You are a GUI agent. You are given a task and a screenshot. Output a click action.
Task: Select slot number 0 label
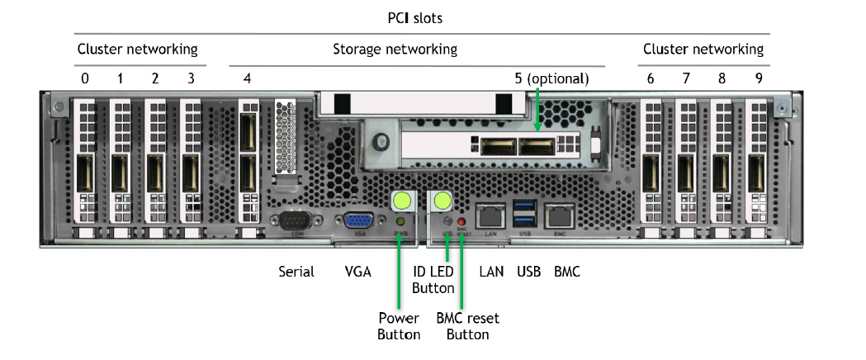click(85, 79)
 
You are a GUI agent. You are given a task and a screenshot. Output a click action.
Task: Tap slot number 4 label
click(248, 79)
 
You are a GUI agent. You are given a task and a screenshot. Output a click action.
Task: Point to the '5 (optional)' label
click(551, 79)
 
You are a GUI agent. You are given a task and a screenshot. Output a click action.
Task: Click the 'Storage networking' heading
click(395, 50)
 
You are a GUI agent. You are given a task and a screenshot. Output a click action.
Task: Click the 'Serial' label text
click(296, 271)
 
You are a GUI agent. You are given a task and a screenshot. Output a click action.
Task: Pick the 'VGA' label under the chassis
click(358, 271)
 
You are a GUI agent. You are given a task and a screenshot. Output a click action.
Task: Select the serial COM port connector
click(296, 221)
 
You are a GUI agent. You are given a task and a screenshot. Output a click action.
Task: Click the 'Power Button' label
click(399, 326)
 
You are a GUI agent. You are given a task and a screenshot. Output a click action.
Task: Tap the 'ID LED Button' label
click(433, 279)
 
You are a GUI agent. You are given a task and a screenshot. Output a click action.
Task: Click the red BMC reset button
click(461, 224)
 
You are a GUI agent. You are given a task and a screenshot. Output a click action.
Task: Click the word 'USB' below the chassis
click(528, 271)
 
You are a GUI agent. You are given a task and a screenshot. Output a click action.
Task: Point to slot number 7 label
click(686, 79)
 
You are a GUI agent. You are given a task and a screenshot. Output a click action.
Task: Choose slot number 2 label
click(155, 79)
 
